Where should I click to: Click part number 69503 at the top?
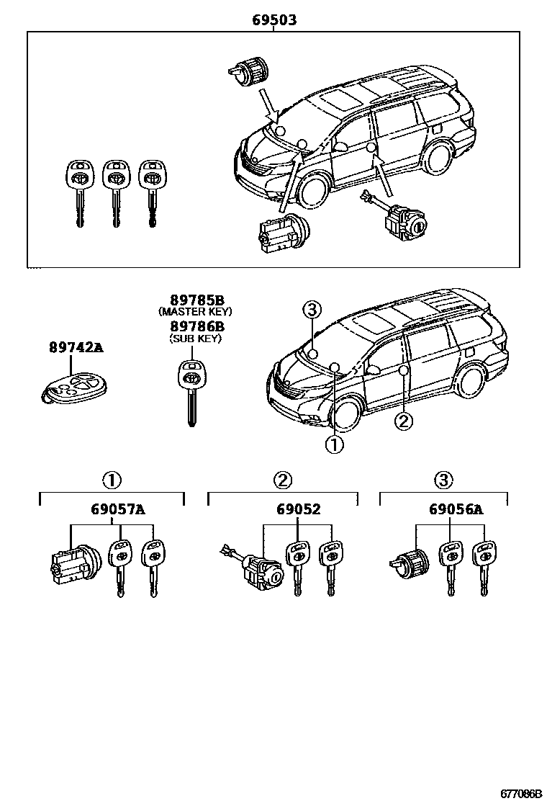pos(274,21)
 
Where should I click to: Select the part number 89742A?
pos(76,348)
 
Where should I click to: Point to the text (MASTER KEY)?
pos(195,312)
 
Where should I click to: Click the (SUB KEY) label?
pos(195,339)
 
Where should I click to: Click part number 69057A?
pos(118,511)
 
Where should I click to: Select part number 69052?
pos(298,511)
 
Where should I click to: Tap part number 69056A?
pos(456,511)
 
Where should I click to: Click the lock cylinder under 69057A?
pos(71,566)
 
